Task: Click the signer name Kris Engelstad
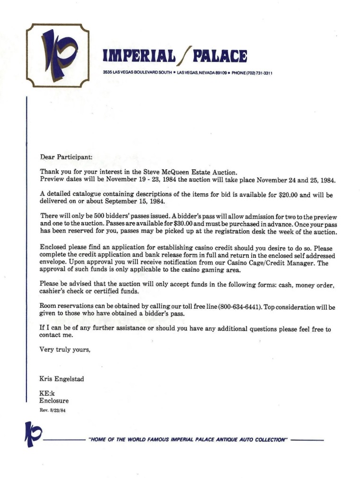pos(61,379)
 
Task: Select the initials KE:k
pos(47,393)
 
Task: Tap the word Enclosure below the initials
pos(54,401)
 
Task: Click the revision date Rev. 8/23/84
pos(52,410)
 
